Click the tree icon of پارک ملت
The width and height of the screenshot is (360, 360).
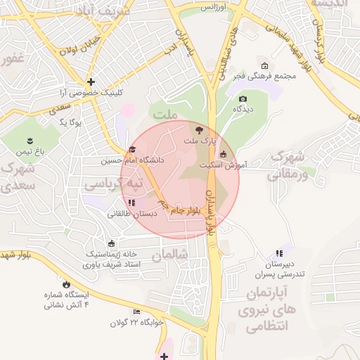coord(198,130)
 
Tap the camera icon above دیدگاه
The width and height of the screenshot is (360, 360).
coord(243,98)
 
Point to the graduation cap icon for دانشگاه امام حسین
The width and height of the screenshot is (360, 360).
coord(132,149)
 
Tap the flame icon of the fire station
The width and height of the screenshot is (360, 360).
coord(66,284)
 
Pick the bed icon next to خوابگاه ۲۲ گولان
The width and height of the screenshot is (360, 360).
coord(136,311)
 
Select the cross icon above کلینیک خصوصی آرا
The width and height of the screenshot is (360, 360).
coord(91,82)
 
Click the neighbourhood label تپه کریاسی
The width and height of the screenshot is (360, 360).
coord(112,184)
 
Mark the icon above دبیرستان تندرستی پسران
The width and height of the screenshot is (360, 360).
coord(279,252)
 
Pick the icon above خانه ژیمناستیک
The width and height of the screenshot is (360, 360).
coord(112,243)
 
